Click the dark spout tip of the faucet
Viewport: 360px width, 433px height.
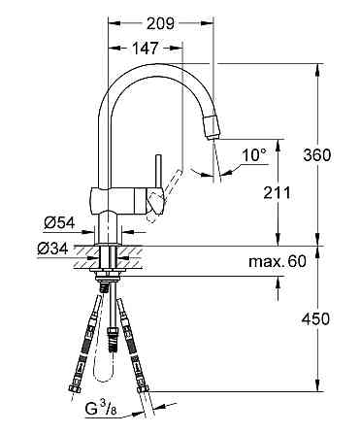coord(211,125)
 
